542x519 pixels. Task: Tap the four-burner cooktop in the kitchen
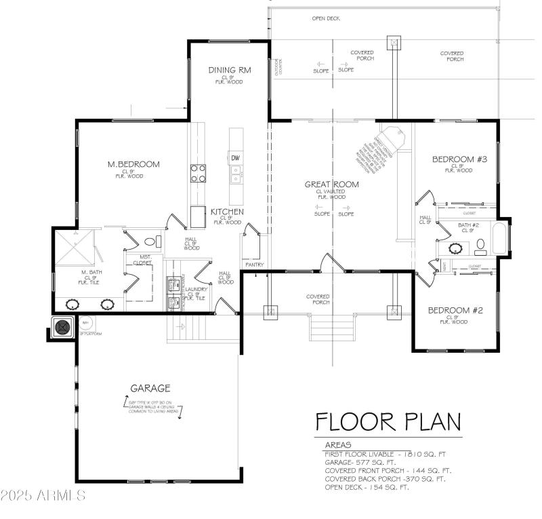(198, 174)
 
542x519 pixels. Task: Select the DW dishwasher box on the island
(236, 158)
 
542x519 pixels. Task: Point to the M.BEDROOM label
(133, 164)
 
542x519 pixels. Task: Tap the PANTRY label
(255, 265)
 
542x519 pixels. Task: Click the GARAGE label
(150, 388)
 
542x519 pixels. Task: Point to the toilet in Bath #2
(482, 244)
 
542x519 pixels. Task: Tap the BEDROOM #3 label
(460, 159)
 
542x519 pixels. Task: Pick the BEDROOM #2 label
(455, 310)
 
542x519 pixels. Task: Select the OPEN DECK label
(325, 18)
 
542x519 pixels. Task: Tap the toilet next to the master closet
(150, 241)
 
